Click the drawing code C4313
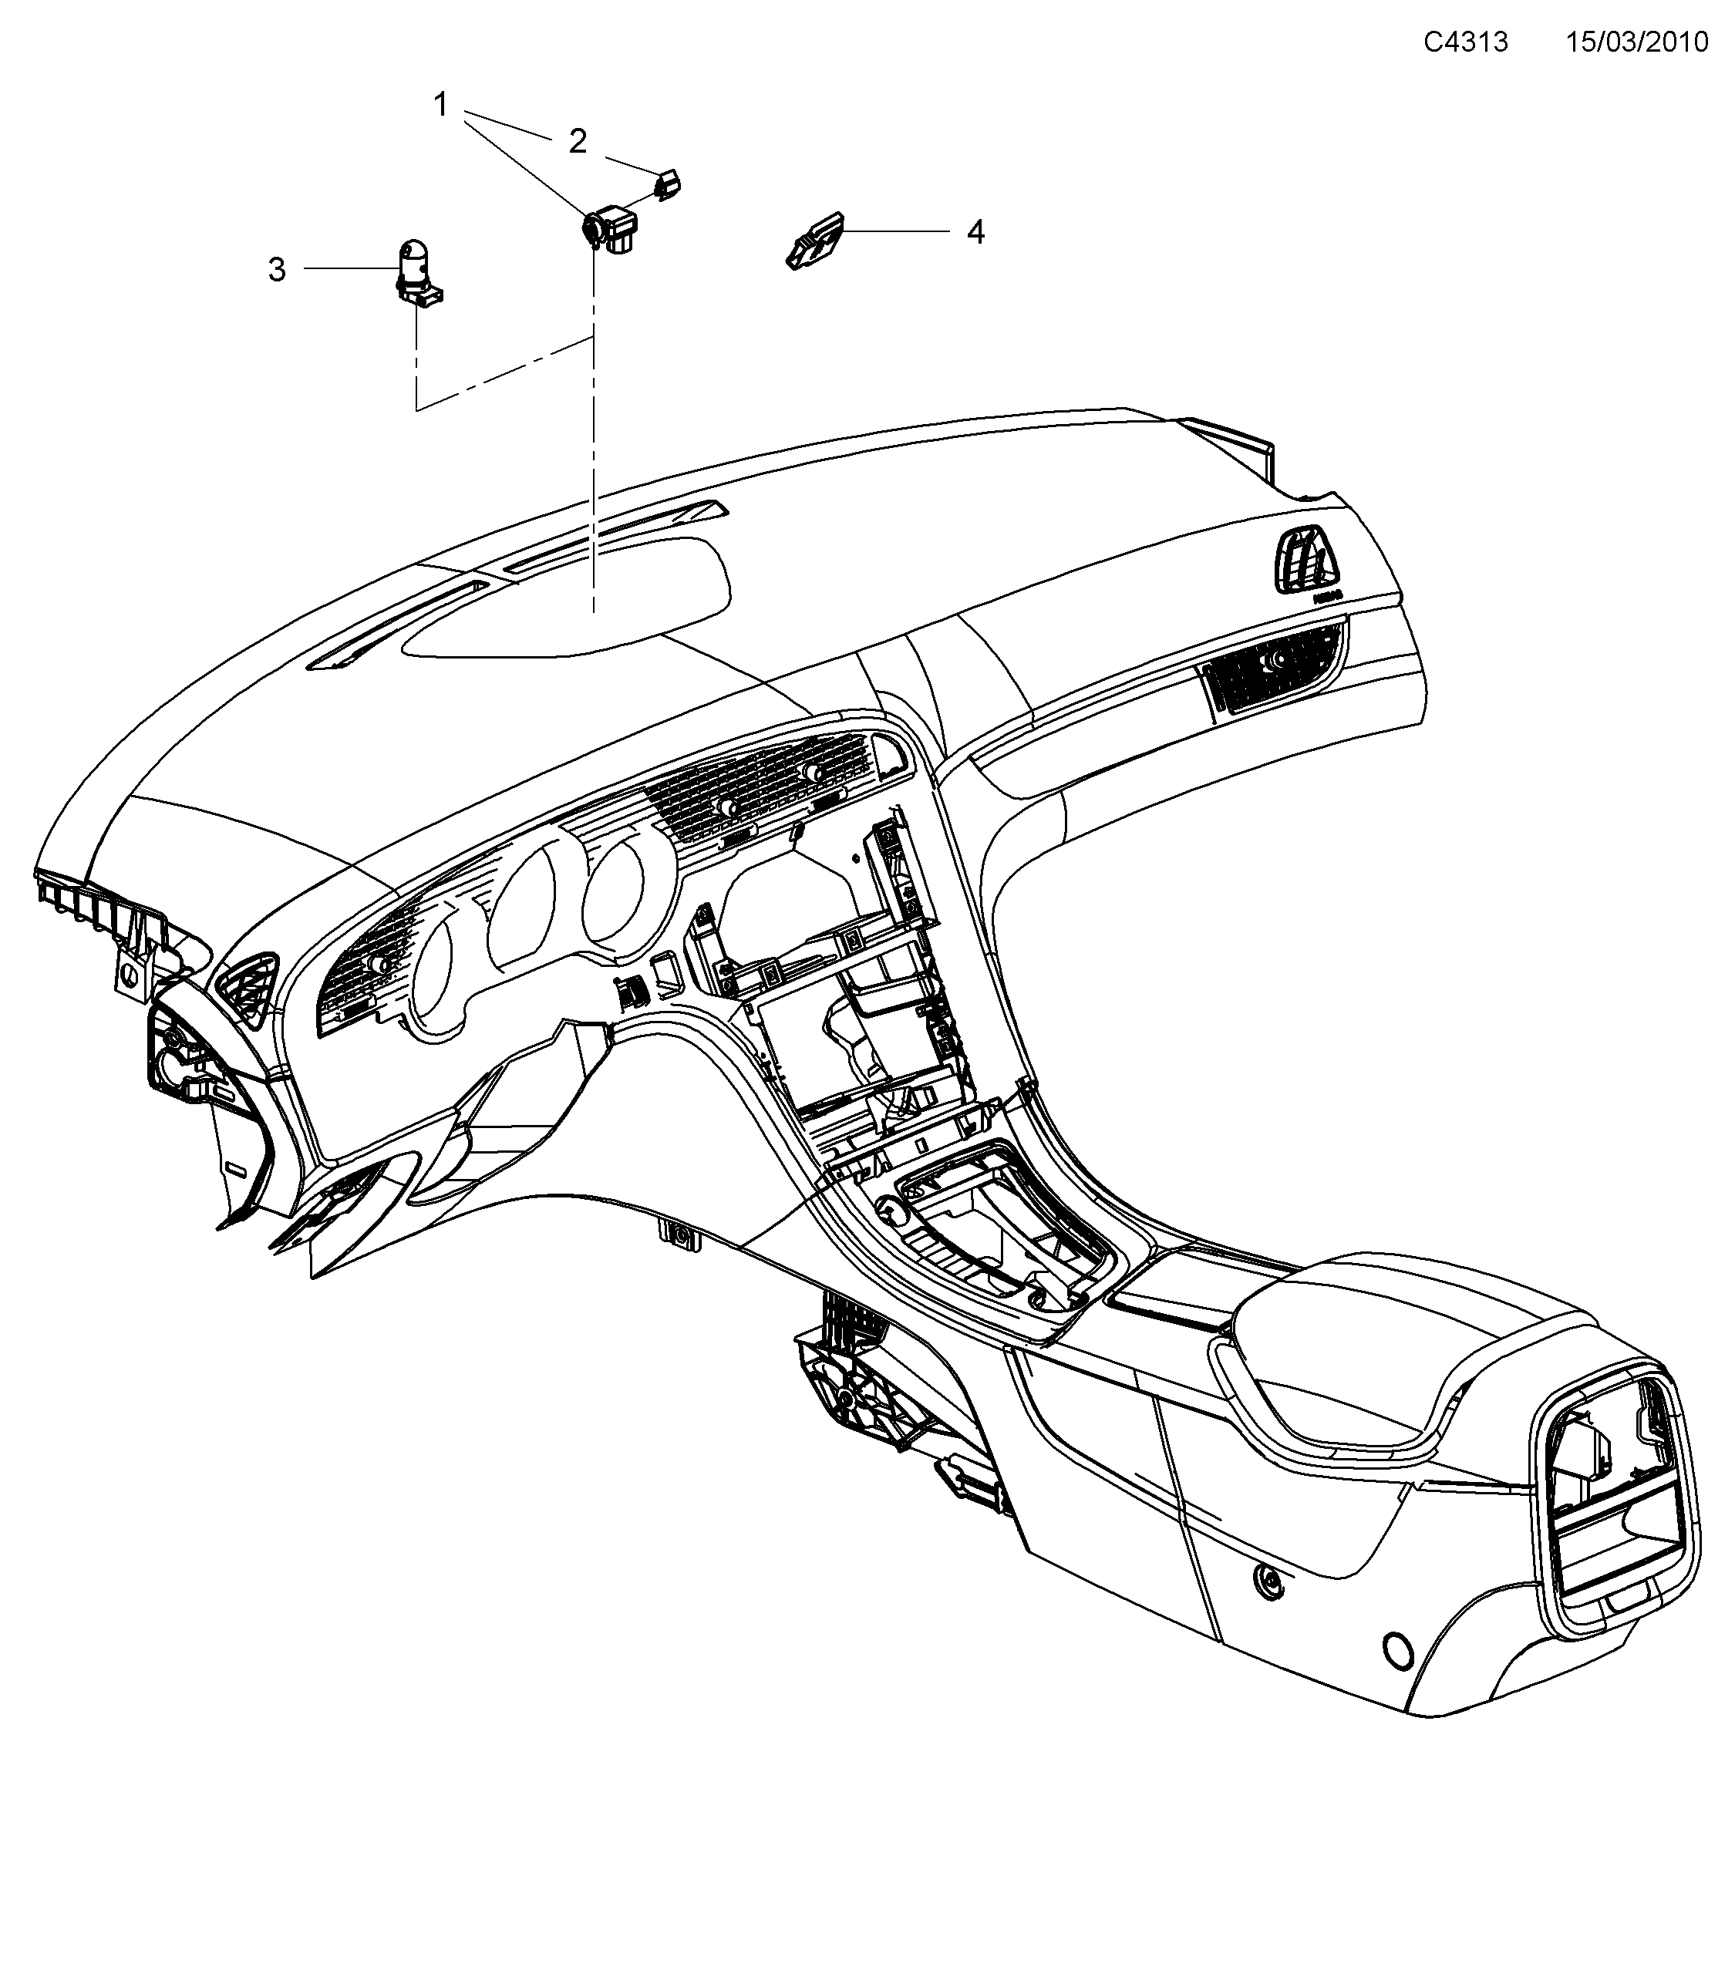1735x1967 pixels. click(1466, 42)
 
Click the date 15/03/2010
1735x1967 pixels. click(1637, 42)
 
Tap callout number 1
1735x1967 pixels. click(441, 104)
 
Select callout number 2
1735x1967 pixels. click(578, 141)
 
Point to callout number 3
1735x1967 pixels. click(277, 269)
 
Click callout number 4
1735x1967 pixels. click(975, 232)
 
